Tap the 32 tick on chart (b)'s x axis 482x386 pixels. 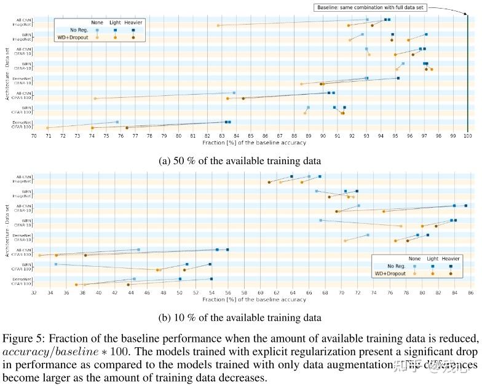[x=34, y=293]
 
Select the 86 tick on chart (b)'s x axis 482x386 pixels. [x=471, y=293]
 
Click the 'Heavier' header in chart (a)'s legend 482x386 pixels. [x=133, y=22]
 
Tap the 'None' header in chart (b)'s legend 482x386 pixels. [x=414, y=259]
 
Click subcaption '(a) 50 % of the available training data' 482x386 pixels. [x=240, y=160]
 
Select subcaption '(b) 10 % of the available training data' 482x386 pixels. [x=240, y=318]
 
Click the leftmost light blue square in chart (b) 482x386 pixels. [x=56, y=264]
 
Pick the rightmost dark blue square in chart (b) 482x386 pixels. [x=465, y=205]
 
